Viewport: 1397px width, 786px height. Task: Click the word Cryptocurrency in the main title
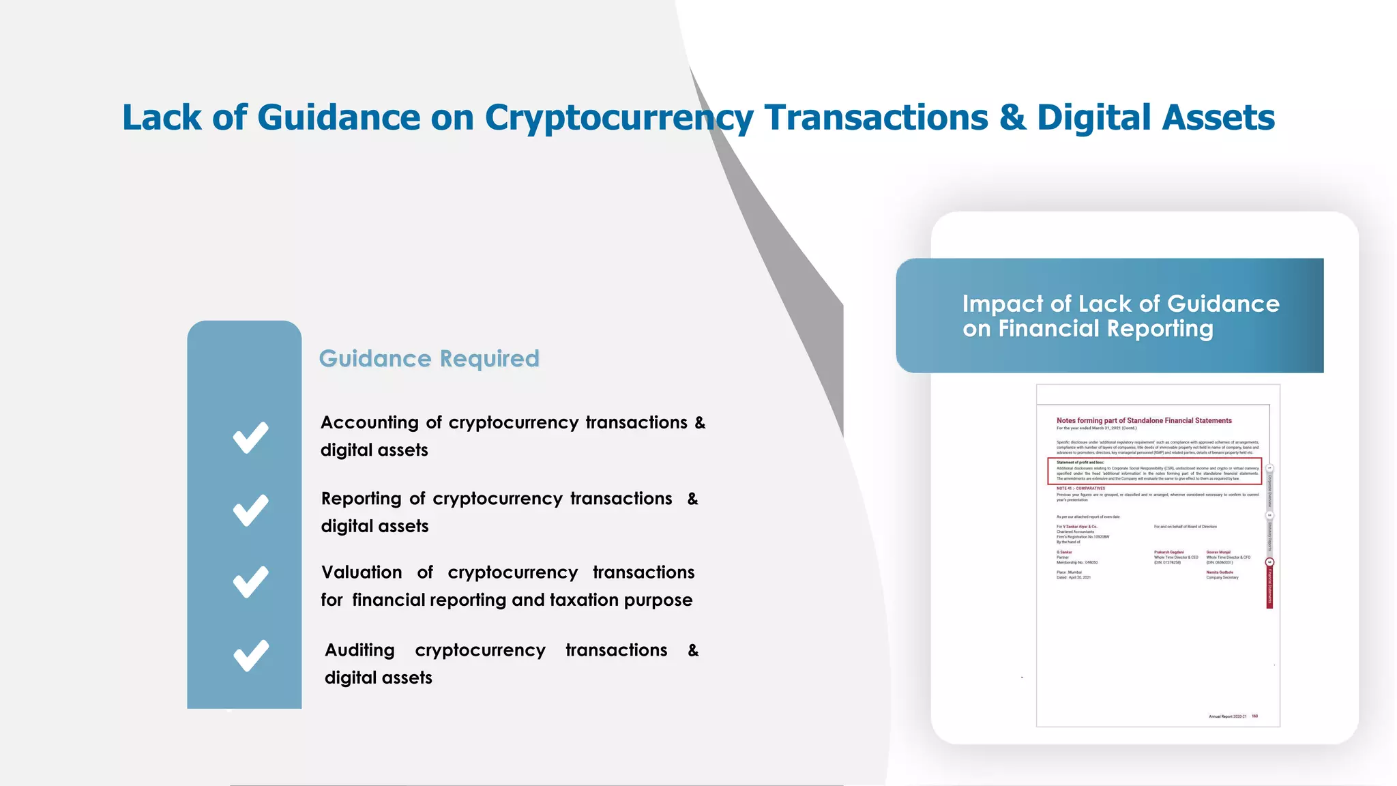(619, 117)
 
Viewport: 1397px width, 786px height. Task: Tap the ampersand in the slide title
(1012, 117)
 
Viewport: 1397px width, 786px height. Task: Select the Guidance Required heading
(429, 358)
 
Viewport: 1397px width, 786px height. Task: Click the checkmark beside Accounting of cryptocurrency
(250, 437)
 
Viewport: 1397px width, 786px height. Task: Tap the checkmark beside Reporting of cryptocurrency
(250, 510)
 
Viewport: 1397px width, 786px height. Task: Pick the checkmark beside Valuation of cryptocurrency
(250, 582)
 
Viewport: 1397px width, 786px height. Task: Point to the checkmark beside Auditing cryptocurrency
(250, 656)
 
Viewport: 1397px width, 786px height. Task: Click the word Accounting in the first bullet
(369, 422)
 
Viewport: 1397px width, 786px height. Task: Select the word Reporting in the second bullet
(361, 499)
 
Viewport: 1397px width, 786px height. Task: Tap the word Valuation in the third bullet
(362, 572)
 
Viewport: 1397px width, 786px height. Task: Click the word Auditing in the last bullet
(359, 650)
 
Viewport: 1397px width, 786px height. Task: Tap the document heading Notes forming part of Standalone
(1144, 420)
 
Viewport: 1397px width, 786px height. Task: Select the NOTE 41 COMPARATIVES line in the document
(1080, 489)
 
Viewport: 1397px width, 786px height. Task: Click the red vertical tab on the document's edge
(1269, 587)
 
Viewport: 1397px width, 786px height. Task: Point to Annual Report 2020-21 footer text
(1227, 716)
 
